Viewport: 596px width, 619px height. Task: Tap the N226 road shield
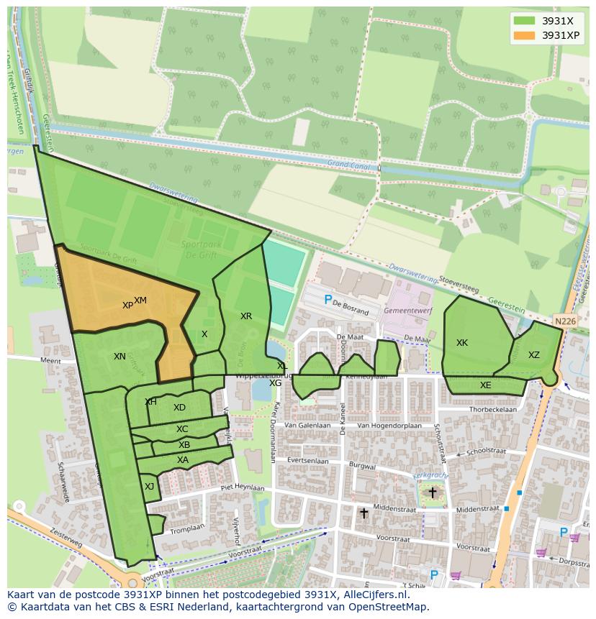(565, 321)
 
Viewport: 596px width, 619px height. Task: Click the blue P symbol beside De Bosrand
(328, 300)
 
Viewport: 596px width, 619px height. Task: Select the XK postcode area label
(462, 343)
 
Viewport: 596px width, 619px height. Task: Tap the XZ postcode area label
(533, 355)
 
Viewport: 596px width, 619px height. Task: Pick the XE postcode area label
(485, 385)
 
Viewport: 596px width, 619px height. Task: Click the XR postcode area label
(246, 316)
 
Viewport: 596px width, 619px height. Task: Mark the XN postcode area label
(119, 357)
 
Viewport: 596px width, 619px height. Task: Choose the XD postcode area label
(179, 408)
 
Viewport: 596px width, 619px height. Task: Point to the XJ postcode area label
(149, 487)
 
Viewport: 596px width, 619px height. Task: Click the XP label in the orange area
(127, 306)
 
